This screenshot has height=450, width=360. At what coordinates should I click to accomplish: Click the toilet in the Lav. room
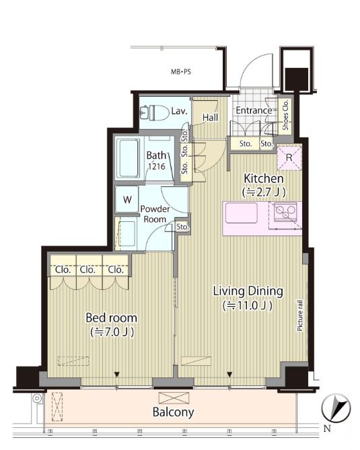coord(155,112)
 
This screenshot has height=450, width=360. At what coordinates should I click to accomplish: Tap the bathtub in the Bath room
coord(128,158)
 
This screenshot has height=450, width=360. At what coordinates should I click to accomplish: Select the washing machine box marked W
coord(127,199)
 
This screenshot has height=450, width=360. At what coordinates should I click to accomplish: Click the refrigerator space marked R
coord(289,158)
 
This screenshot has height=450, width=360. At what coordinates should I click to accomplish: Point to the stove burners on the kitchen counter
coord(285,212)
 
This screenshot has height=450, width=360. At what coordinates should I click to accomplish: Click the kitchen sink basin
coord(242,213)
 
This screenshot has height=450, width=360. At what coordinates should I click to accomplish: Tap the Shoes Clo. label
coord(285,115)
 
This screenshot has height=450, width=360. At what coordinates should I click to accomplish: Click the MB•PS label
coord(181,72)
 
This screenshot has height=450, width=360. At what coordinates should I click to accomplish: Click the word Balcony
coord(174,412)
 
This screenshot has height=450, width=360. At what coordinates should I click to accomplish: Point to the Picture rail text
coord(300,315)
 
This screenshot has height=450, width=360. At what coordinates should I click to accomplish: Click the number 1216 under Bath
coord(157,166)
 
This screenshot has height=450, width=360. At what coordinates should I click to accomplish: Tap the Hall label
coord(210,118)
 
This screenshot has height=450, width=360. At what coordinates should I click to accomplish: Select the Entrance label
coord(254,110)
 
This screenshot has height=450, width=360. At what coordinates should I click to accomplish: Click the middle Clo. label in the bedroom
coord(87,270)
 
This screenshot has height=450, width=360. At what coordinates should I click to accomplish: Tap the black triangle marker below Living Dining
coord(229,374)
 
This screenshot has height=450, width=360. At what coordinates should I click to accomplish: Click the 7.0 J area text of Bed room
coord(112,332)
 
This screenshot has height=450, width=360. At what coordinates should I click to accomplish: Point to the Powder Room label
coord(155,214)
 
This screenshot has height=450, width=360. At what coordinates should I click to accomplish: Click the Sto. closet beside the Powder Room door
coord(182,227)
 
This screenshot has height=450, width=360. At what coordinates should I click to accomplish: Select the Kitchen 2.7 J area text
coord(264,192)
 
